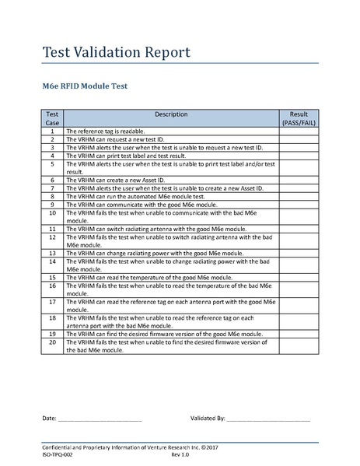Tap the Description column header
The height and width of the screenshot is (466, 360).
tap(171, 114)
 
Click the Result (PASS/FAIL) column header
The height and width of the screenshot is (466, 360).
tap(299, 118)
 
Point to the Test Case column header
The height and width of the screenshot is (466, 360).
tap(52, 118)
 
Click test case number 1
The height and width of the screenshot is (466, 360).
tap(52, 132)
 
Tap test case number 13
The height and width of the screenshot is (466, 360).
tap(52, 253)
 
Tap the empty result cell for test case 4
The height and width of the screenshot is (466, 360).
tap(299, 154)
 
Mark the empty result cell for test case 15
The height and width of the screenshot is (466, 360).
tap(299, 276)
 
